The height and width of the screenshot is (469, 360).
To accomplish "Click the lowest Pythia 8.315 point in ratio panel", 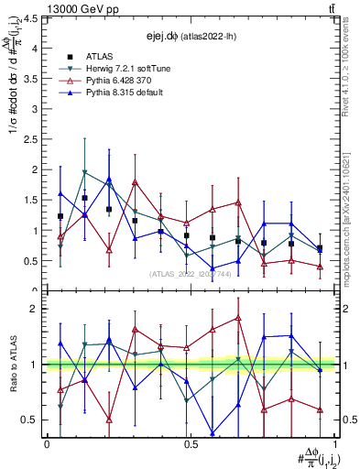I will click(x=213, y=433).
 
